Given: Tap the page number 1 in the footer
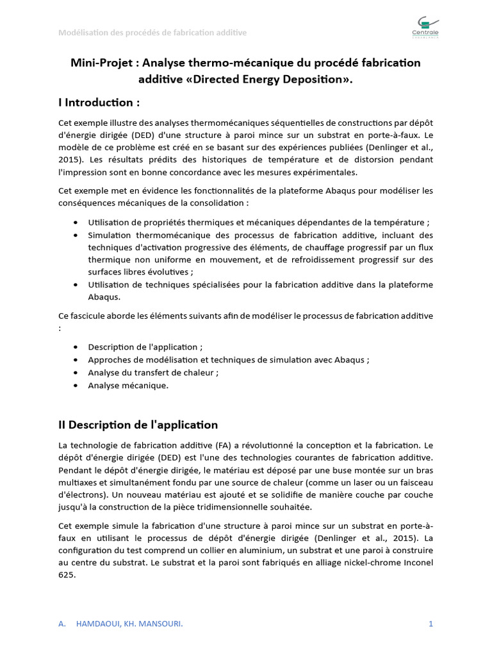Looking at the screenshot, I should click(431, 624).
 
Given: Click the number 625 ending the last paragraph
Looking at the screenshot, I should click(67, 575).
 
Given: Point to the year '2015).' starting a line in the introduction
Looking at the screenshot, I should click(71, 159).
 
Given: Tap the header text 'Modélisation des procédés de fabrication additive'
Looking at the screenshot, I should click(152, 33).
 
